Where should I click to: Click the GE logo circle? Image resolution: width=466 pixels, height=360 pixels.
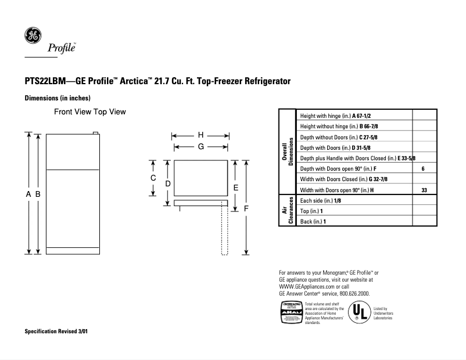tap(32, 35)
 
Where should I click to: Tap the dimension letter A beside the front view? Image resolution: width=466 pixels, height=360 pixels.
tap(28, 195)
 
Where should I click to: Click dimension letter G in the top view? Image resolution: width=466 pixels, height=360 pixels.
tap(200, 147)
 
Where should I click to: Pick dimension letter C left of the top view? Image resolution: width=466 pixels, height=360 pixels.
tap(153, 178)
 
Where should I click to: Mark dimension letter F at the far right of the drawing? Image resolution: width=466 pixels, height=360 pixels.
tap(246, 208)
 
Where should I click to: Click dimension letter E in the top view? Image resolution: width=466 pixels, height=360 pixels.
tap(235, 188)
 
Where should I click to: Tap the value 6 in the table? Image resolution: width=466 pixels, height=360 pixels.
tap(423, 168)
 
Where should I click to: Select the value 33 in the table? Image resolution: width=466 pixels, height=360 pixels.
tap(424, 190)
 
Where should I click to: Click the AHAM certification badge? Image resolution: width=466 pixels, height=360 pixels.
tap(291, 312)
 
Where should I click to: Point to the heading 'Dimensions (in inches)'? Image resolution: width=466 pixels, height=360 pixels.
tap(57, 98)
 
